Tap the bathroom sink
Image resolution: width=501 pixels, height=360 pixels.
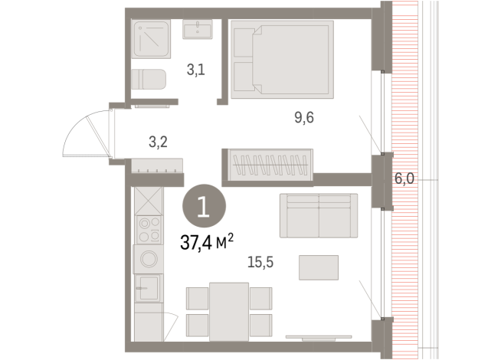pyautogui.click(x=200, y=30)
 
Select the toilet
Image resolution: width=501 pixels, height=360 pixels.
pyautogui.click(x=148, y=79)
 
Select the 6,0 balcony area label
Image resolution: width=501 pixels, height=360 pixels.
pyautogui.click(x=404, y=178)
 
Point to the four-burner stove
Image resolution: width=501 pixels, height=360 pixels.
pyautogui.click(x=147, y=228)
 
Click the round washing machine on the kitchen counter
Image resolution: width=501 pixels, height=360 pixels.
pyautogui.click(x=147, y=259)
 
